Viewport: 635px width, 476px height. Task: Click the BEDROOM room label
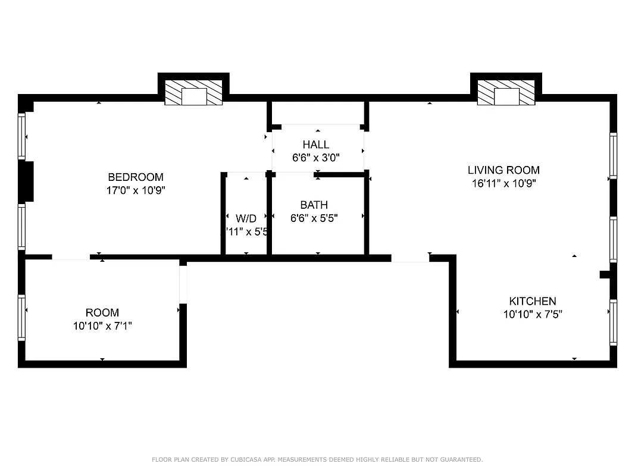[135, 177]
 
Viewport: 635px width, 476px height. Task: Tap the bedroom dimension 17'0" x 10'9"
[135, 190]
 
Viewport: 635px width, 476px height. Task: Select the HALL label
[315, 145]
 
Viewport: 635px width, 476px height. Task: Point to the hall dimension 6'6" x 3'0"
[315, 158]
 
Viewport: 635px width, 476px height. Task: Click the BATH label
[314, 205]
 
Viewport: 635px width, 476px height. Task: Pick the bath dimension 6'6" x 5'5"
[314, 218]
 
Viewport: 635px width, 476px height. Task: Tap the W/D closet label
[245, 218]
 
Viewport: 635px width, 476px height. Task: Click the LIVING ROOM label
[503, 170]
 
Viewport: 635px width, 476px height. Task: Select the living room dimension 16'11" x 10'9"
[503, 184]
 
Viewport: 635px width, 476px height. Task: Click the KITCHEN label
[532, 301]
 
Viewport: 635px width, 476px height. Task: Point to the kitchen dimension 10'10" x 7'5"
[532, 314]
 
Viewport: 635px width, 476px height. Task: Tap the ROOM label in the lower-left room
[102, 312]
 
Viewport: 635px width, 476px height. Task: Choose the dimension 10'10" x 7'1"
[102, 326]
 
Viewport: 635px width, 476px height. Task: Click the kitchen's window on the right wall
[613, 322]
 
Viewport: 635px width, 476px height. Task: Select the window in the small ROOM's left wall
[22, 317]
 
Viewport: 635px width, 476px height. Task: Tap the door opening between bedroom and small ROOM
[71, 257]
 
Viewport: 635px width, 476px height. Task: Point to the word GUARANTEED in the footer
[459, 459]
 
